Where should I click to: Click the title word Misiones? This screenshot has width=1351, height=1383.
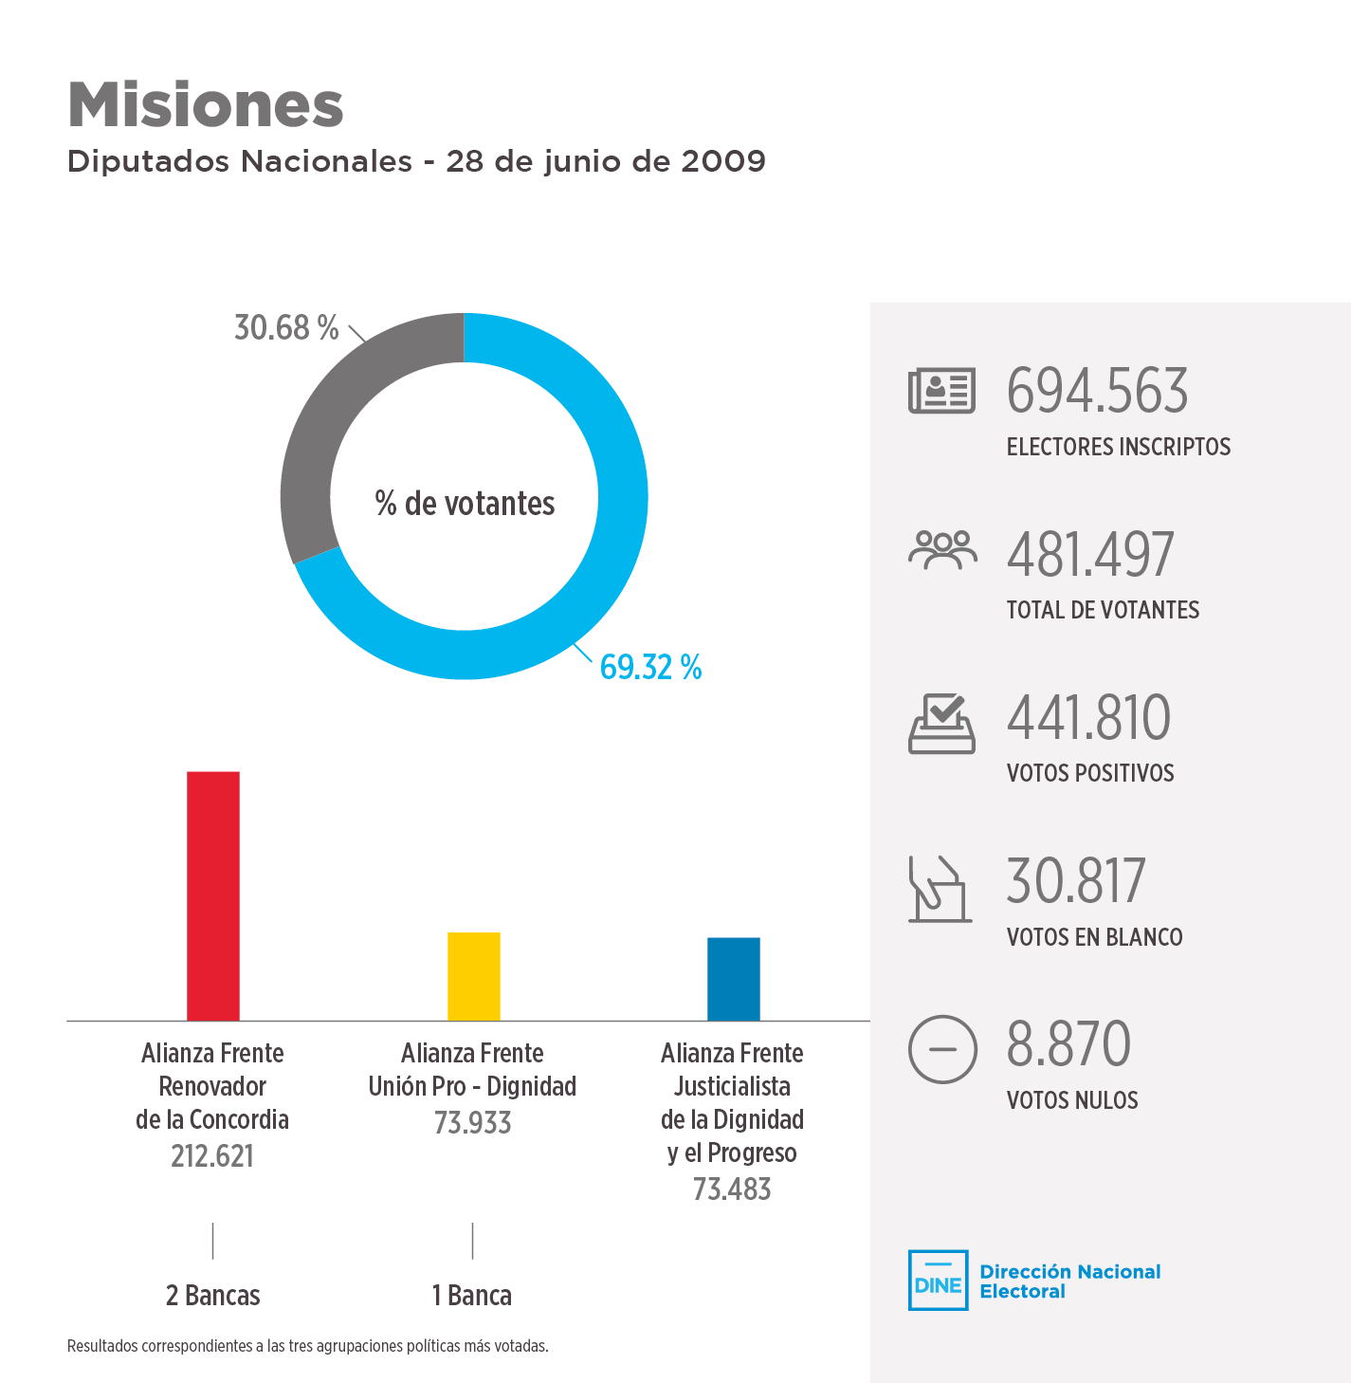(205, 104)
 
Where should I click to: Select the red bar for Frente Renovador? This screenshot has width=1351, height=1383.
(213, 895)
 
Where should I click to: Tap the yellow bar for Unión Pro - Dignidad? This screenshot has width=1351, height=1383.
(474, 976)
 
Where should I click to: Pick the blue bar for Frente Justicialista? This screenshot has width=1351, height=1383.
(734, 979)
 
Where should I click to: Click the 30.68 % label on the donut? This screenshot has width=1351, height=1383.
(286, 328)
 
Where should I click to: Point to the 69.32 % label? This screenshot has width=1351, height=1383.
(650, 668)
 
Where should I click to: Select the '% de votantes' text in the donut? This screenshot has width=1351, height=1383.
(465, 504)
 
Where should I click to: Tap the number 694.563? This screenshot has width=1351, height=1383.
(1097, 391)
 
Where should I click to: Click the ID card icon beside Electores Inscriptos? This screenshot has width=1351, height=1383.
(941, 391)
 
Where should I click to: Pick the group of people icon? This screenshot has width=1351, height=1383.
(942, 550)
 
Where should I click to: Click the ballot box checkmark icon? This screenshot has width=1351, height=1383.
(941, 724)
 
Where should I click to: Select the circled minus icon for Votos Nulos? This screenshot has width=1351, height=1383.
(942, 1049)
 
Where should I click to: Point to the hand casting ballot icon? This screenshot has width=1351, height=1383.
(940, 889)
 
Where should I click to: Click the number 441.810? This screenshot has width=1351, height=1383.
(1088, 718)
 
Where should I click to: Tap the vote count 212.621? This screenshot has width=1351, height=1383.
(212, 1156)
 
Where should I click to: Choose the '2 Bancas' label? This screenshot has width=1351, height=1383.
(212, 1296)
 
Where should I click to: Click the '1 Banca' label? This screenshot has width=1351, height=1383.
(472, 1296)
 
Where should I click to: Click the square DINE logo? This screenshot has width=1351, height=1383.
(938, 1281)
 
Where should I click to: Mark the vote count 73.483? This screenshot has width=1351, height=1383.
(732, 1189)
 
